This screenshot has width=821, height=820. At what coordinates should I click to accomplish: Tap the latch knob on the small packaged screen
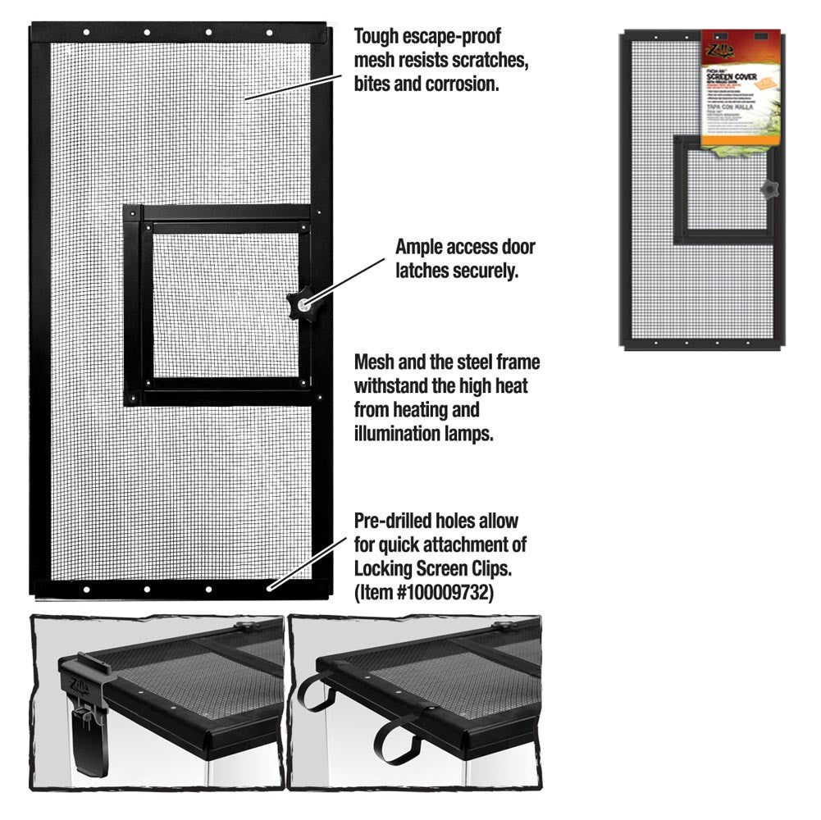pos(769,189)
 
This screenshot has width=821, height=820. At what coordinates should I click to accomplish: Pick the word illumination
pos(397,434)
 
